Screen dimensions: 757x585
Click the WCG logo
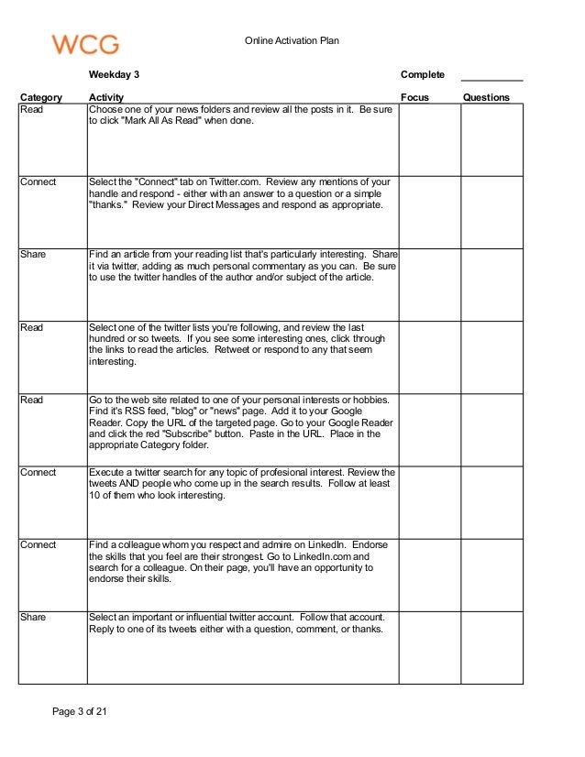coord(85,43)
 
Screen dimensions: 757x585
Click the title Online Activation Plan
coord(292,41)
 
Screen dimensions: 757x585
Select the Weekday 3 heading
coord(115,74)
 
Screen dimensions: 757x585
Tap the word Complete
coord(423,74)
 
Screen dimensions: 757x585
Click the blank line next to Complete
coord(491,76)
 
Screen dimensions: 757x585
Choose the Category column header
coord(41,97)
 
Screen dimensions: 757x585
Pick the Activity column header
coord(106,97)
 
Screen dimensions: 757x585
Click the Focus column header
coord(414,97)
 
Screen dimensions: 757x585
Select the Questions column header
coord(486,97)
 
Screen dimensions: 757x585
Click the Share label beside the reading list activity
coord(32,255)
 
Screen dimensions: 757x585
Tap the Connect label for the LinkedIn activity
coord(39,545)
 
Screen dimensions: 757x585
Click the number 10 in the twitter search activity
coord(94,496)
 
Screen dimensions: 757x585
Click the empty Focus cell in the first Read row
coord(429,139)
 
